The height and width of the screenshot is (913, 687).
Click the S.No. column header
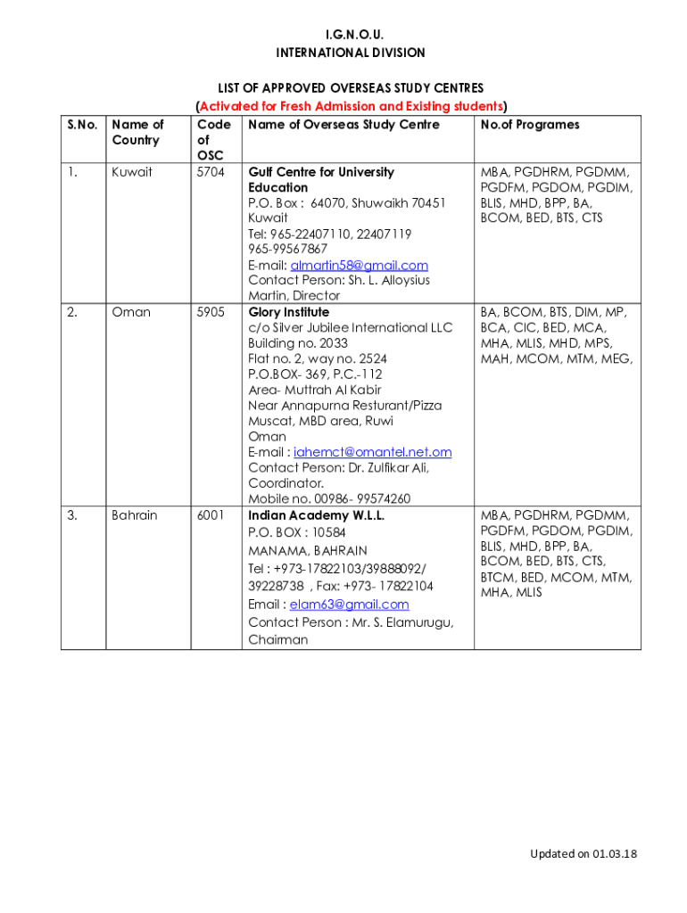tap(82, 125)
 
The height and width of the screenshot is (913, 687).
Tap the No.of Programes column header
tap(529, 125)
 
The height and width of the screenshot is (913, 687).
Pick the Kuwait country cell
tap(131, 172)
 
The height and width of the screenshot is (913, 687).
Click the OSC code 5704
tap(211, 172)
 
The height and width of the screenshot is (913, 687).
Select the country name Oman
tap(131, 312)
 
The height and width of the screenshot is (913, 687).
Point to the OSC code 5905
tap(211, 312)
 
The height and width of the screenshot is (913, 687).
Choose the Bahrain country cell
tap(134, 515)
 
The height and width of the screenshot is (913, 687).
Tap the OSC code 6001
tap(211, 515)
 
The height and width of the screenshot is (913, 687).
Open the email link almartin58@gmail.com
tap(360, 265)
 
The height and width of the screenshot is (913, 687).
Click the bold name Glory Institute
tap(288, 312)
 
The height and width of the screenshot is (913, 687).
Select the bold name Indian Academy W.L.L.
tap(316, 515)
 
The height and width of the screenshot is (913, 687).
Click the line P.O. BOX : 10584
tap(296, 532)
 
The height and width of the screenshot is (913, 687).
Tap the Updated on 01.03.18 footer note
tap(584, 854)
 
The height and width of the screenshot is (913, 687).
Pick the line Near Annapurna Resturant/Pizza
tap(344, 406)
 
